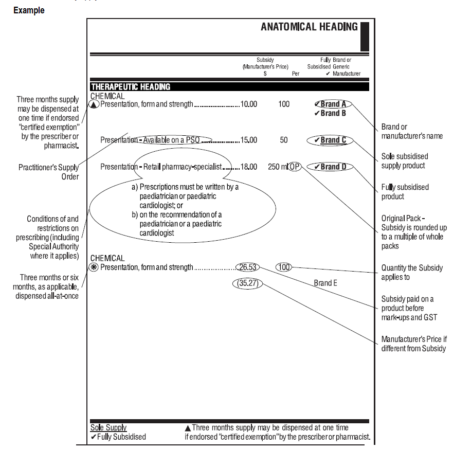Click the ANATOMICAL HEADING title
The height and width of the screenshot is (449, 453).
coord(309,27)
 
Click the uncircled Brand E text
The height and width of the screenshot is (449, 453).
coord(326,283)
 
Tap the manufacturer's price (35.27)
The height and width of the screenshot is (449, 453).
coord(247,283)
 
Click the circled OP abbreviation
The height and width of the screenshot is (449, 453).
coord(295,167)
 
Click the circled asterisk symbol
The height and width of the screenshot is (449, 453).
coord(94,267)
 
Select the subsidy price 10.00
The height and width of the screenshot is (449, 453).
coord(249,104)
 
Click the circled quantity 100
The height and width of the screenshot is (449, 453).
coord(284,267)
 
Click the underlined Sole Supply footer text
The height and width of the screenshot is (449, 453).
coord(108,428)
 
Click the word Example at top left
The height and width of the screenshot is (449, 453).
coord(29,10)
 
